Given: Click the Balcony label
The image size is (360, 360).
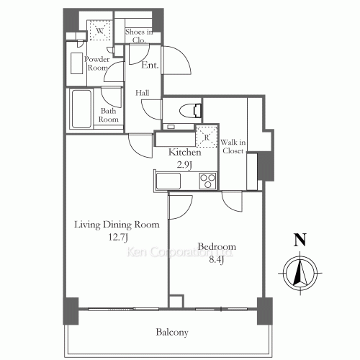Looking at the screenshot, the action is click(x=172, y=333).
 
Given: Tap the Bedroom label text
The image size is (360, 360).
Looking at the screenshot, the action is click(x=217, y=246).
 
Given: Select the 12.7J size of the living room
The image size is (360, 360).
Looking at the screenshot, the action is click(x=118, y=238).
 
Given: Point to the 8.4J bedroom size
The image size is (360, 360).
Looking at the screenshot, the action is click(x=217, y=259).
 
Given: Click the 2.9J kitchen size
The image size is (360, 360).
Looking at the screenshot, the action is click(x=184, y=165).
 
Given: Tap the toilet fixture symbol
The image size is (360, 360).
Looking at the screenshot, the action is click(x=190, y=111).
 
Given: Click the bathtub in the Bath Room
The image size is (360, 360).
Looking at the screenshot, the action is click(x=81, y=109).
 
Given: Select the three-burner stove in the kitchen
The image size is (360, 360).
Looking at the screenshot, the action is click(x=207, y=181).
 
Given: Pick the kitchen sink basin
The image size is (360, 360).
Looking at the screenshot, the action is click(x=168, y=181).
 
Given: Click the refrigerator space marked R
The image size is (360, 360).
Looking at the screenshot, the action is click(x=207, y=136).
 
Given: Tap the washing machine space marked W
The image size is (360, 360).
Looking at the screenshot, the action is click(x=99, y=31).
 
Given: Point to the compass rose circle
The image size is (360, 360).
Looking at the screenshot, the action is click(x=300, y=273).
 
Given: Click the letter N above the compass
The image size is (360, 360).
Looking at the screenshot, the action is click(x=300, y=240).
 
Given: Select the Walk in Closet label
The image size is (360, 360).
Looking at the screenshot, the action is click(x=233, y=146).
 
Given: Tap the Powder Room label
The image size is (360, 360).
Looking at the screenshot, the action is click(x=96, y=63).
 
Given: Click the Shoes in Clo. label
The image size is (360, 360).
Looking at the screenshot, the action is click(x=139, y=36).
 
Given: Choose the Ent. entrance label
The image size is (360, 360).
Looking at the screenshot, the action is click(x=150, y=65).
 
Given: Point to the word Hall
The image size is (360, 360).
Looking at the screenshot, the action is click(x=142, y=93).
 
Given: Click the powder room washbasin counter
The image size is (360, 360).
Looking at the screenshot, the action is click(x=77, y=63).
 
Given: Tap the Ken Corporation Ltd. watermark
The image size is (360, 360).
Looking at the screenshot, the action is click(x=179, y=252).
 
